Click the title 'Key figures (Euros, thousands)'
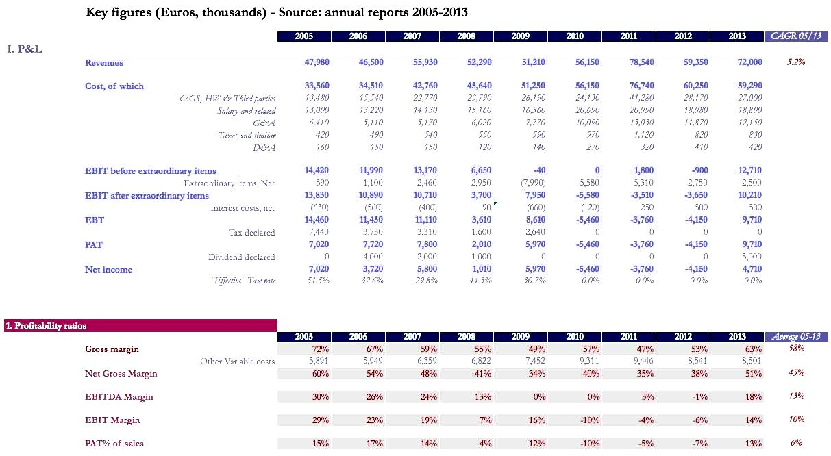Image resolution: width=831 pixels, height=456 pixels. click(x=277, y=12)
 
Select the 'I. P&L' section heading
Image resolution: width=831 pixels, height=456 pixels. click(x=25, y=49)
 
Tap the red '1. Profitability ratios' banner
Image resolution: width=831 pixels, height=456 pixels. click(x=140, y=326)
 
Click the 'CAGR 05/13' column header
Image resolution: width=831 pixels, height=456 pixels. click(x=795, y=36)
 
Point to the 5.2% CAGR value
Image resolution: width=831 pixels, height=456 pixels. click(x=795, y=62)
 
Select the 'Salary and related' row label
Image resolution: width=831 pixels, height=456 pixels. click(x=247, y=111)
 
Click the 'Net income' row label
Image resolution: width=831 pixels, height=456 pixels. click(x=108, y=269)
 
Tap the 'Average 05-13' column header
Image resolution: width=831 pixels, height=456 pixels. click(x=795, y=337)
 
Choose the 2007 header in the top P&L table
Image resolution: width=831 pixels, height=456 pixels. click(x=412, y=36)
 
